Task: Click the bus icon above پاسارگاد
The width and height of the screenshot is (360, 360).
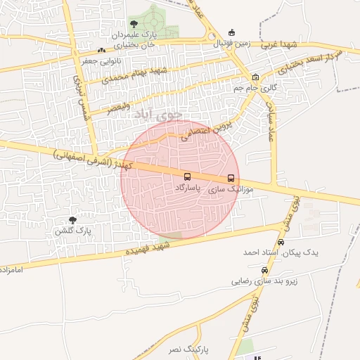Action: [187, 177]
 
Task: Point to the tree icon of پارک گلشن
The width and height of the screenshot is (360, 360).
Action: [72, 220]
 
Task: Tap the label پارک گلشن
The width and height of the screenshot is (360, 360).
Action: [73, 231]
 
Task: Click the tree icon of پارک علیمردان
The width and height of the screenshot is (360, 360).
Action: [134, 24]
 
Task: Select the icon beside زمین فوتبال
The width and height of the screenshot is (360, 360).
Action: [232, 32]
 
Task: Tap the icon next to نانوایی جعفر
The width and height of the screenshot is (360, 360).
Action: [102, 50]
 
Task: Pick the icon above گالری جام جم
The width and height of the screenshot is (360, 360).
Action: [255, 77]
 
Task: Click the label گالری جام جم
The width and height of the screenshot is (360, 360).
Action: [255, 89]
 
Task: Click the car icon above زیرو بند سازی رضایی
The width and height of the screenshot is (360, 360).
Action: [264, 270]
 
